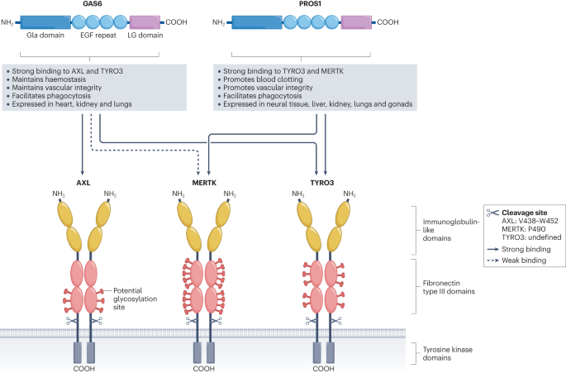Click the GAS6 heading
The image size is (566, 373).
89,4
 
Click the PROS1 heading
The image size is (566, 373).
310,4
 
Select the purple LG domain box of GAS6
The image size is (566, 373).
145,22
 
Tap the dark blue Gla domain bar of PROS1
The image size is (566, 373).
257,22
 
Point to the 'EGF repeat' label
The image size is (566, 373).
98,36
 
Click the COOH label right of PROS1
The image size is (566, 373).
388,22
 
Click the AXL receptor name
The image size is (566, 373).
83,183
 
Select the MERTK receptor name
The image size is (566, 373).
204,183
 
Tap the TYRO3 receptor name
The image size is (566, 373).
322,183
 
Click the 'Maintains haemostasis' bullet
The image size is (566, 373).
46,79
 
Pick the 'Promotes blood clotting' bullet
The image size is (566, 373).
260,79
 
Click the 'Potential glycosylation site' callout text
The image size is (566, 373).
135,299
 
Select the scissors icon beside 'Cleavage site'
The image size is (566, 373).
492,213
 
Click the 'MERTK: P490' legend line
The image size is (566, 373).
523,229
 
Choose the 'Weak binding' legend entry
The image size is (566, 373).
516,261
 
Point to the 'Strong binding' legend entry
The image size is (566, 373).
519,250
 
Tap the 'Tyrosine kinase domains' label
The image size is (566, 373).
448,354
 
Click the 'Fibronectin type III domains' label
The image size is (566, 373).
449,287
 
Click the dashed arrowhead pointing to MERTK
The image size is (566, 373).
198,172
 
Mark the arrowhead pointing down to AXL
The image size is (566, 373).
83,172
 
